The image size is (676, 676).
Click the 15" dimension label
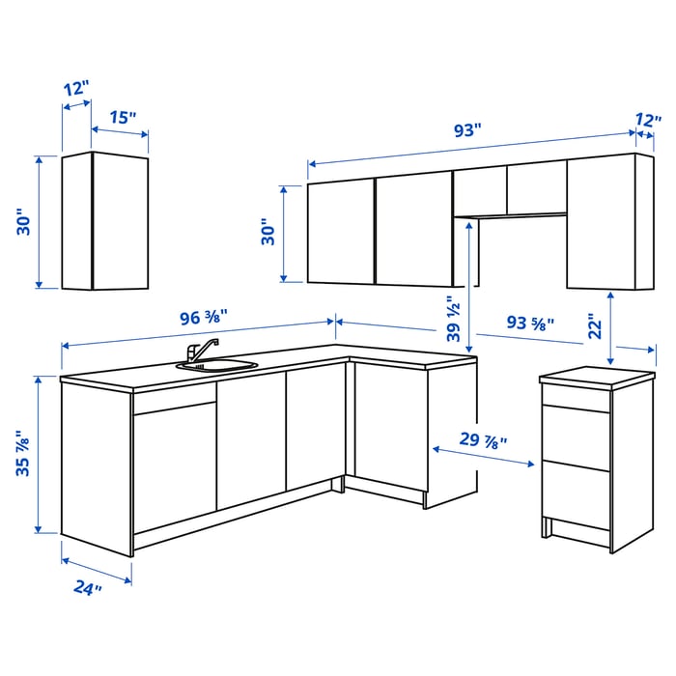(x=122, y=118)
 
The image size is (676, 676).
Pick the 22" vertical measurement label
(x=596, y=326)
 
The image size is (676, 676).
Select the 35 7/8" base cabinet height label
(x=25, y=453)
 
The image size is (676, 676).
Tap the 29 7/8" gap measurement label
(x=483, y=440)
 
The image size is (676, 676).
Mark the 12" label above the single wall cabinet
(x=76, y=87)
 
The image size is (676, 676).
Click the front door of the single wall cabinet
(x=121, y=222)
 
